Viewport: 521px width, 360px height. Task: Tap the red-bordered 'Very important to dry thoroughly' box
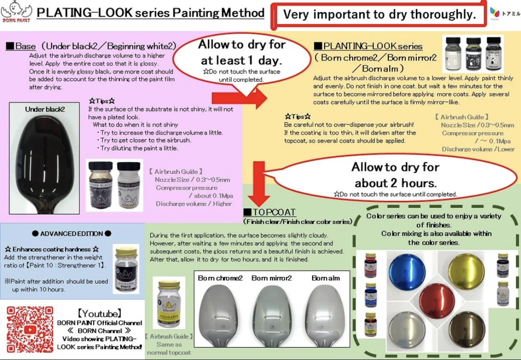(x=379, y=14)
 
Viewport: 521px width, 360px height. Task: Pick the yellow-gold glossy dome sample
(x=466, y=271)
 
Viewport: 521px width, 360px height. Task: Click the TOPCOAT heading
(x=269, y=212)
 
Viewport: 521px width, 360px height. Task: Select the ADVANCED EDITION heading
(x=72, y=234)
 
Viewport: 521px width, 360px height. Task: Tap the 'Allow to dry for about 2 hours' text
(x=395, y=175)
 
